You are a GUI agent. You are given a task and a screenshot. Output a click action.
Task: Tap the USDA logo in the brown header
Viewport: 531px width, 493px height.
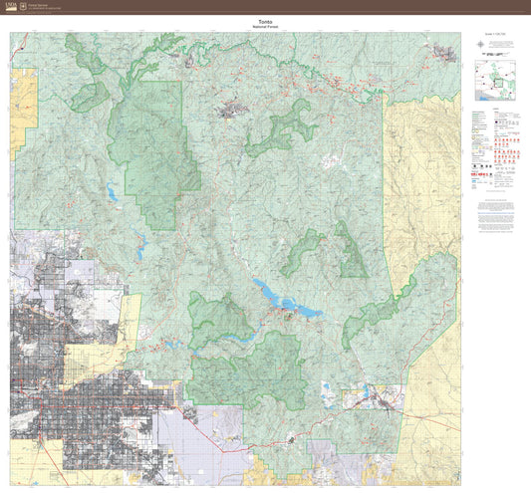[x=10, y=5]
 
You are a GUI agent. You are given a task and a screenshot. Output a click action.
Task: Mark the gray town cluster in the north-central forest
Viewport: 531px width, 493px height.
[x=237, y=108]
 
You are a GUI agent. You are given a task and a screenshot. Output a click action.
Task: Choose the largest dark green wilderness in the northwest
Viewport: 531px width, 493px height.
[x=149, y=149]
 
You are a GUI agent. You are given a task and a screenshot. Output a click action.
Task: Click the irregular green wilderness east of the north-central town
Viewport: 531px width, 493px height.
[x=284, y=129]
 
